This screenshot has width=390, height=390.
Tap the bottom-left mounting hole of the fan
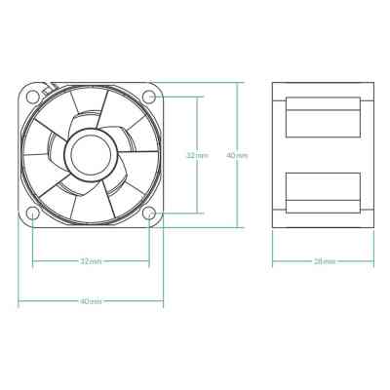33,213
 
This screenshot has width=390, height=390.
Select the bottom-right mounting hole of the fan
148,213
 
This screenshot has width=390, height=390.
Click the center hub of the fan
91,154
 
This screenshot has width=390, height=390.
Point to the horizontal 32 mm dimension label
91,261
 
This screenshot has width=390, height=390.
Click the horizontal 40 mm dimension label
91,301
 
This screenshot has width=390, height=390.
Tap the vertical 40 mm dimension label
237,154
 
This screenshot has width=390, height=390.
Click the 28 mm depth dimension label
325,261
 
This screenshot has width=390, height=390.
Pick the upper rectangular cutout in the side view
324,117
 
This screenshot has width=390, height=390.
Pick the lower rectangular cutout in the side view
324,191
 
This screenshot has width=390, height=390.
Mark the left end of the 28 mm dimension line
272,261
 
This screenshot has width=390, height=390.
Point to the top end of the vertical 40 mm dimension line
237,83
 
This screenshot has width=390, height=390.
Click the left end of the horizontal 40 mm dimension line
19,301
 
